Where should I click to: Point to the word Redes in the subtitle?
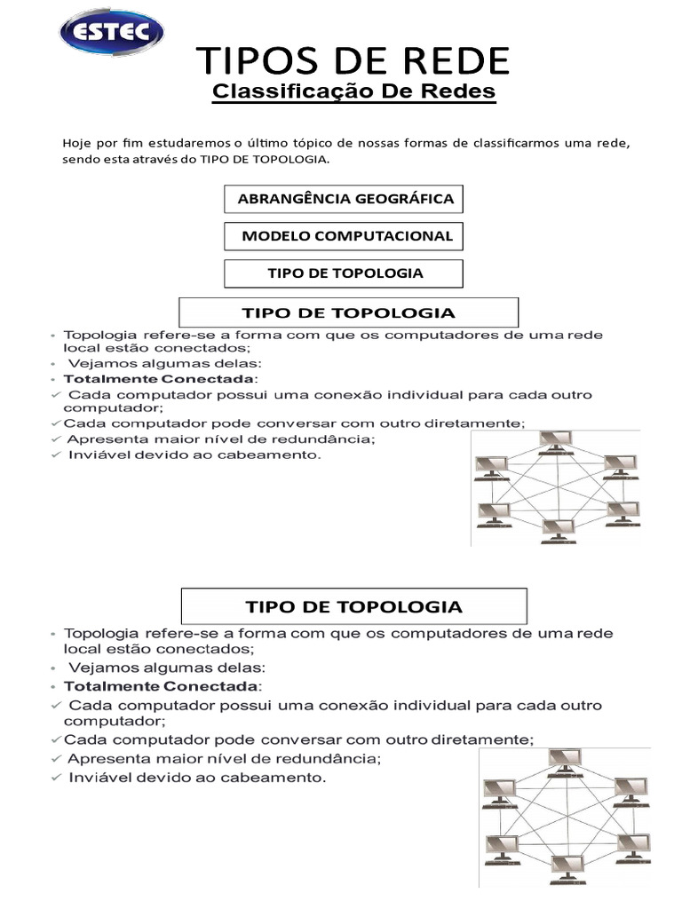(457, 92)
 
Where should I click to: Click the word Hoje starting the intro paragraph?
(77, 143)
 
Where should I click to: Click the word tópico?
(326, 143)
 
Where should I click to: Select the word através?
(158, 161)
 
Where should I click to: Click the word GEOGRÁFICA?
(404, 199)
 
